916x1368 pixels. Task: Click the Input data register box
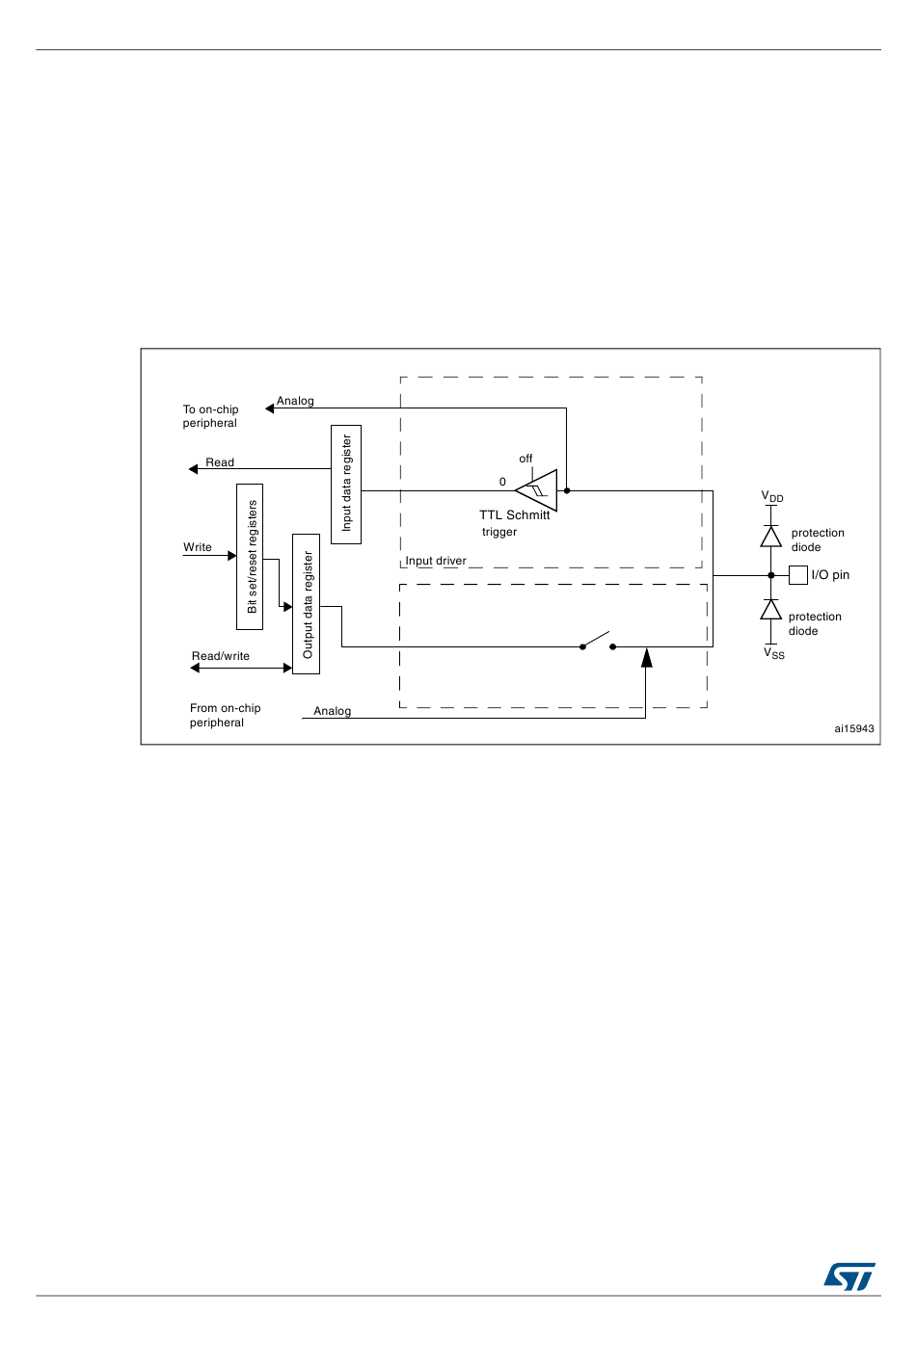[346, 484]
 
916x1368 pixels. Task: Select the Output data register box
[307, 604]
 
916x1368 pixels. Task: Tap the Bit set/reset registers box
[250, 556]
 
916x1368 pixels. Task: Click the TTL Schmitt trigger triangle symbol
[539, 491]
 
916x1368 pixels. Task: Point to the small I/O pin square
[798, 575]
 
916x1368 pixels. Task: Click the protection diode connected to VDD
[771, 537]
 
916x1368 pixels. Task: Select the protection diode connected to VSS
[771, 610]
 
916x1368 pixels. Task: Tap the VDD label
[772, 497]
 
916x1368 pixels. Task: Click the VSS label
[774, 653]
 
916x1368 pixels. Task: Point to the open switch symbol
[597, 642]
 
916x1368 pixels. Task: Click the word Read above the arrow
[220, 462]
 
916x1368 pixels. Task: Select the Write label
[198, 547]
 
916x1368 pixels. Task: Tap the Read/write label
[221, 656]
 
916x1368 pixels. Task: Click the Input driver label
[436, 561]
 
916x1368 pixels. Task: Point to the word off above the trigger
[525, 459]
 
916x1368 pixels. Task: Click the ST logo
[849, 1276]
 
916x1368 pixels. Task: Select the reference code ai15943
[854, 728]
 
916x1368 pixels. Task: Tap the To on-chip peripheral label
[210, 416]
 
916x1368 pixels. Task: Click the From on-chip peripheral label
[225, 715]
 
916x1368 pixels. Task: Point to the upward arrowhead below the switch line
[646, 658]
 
